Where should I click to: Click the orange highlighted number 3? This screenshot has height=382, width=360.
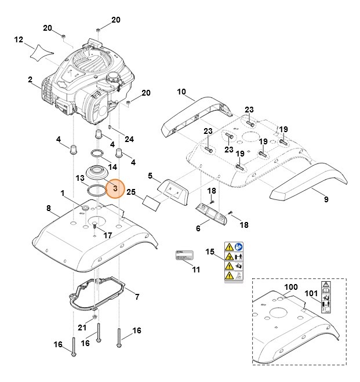[x=115, y=188]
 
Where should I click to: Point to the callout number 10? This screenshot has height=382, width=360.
[x=181, y=92]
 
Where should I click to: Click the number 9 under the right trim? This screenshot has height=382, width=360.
[x=326, y=200]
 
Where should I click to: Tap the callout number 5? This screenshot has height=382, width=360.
[x=150, y=176]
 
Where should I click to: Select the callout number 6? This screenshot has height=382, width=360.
[x=198, y=228]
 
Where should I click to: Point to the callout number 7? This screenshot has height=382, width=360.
[x=137, y=297]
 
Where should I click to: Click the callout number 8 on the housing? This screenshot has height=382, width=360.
[x=49, y=208]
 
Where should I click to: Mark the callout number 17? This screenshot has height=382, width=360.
[x=108, y=235]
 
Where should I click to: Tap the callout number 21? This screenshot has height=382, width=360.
[x=82, y=328]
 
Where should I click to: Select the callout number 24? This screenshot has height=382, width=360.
[x=129, y=139]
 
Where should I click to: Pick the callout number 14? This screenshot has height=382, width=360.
[x=112, y=167]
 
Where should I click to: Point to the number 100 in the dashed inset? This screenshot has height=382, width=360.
[x=290, y=288]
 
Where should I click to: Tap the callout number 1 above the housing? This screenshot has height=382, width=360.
[x=63, y=192]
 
